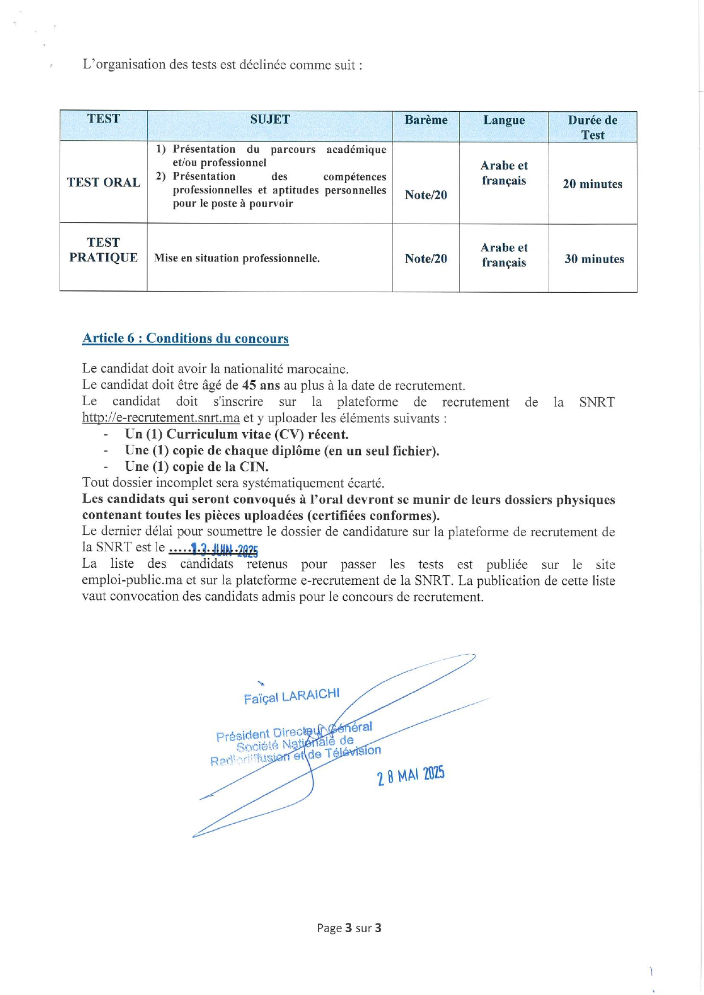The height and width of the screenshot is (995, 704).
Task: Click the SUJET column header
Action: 269,120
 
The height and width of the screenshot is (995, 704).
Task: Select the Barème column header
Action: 425,120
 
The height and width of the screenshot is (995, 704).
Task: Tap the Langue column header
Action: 504,120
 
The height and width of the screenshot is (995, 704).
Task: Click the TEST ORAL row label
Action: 104,183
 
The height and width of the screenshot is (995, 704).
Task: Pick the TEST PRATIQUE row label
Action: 103,250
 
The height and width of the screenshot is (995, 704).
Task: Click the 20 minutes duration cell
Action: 592,184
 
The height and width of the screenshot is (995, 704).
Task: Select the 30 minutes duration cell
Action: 594,259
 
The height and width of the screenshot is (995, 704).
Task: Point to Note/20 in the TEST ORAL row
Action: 425,195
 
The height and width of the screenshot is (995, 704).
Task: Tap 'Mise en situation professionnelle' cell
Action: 237,259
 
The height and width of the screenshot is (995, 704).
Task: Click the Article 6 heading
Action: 186,339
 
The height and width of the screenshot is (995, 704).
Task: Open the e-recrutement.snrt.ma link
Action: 161,418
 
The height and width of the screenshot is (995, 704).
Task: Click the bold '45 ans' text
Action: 261,386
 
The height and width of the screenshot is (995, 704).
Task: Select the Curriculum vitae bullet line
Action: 237,435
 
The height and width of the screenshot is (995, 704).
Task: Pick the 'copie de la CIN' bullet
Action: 196,467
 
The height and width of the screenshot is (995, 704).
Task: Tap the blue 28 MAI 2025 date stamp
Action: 411,775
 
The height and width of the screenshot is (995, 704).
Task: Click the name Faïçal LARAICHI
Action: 292,696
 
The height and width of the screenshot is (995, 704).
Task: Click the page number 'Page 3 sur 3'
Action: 349,928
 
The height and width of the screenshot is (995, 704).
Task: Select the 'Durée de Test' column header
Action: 592,127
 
